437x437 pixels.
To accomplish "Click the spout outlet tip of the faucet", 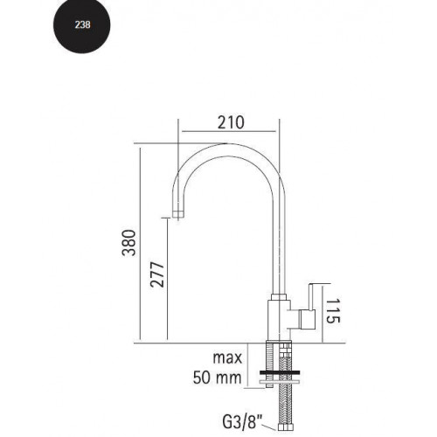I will pos(178,212).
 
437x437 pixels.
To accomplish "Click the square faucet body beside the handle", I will pos(278,318).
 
